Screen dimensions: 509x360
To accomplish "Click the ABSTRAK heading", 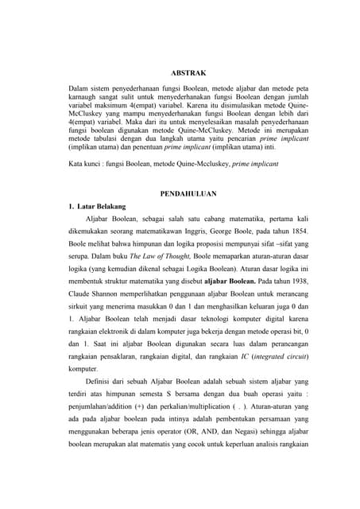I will [x=188, y=73].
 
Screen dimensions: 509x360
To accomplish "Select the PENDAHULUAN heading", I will [x=188, y=193].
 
